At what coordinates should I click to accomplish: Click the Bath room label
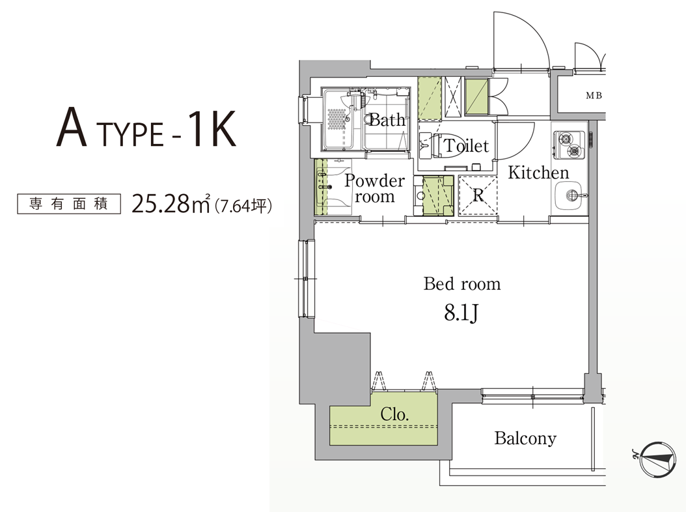pyautogui.click(x=387, y=120)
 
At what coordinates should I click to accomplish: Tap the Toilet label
pyautogui.click(x=467, y=145)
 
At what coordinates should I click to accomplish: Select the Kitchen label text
pyautogui.click(x=538, y=173)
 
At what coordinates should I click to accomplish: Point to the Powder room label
pyautogui.click(x=374, y=188)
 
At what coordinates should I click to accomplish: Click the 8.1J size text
pyautogui.click(x=461, y=313)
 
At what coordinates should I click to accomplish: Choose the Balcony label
pyautogui.click(x=525, y=438)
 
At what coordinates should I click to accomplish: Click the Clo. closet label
pyautogui.click(x=394, y=414)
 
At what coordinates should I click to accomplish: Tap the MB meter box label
pyautogui.click(x=594, y=95)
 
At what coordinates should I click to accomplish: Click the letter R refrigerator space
pyautogui.click(x=478, y=195)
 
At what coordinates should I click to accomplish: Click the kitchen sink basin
pyautogui.click(x=570, y=195)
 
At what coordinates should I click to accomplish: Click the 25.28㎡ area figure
pyautogui.click(x=171, y=204)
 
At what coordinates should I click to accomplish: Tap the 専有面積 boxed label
pyautogui.click(x=69, y=204)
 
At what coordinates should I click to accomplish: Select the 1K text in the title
pyautogui.click(x=212, y=128)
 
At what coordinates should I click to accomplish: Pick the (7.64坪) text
pyautogui.click(x=243, y=205)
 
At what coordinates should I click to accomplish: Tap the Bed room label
pyautogui.click(x=462, y=284)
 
